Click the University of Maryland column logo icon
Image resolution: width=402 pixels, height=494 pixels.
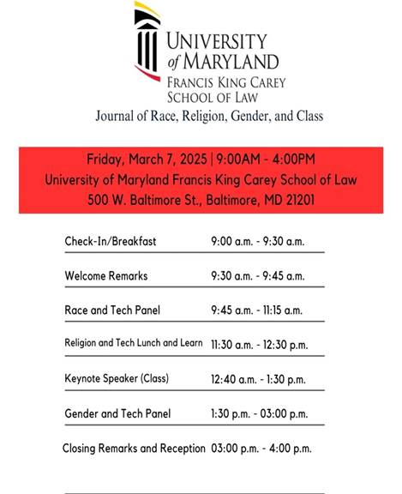147,39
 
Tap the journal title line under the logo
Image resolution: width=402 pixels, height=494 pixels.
210,116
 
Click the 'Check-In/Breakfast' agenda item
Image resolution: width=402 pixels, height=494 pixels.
111,242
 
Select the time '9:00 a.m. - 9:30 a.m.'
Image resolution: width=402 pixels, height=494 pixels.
257,242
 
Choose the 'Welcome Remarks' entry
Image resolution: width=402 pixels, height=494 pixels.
106,276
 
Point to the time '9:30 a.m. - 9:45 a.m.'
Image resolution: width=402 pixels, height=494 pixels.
257,276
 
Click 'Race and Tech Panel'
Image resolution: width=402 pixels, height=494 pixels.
112,310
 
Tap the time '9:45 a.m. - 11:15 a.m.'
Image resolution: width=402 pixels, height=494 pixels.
256,310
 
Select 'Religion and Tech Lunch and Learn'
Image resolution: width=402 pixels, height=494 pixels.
134,344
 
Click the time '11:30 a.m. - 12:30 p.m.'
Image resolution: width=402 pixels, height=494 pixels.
258,344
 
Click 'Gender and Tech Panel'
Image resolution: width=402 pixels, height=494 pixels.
117,413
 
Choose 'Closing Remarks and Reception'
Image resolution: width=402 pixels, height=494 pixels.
134,449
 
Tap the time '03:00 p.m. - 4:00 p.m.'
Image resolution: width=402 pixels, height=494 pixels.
261,449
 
